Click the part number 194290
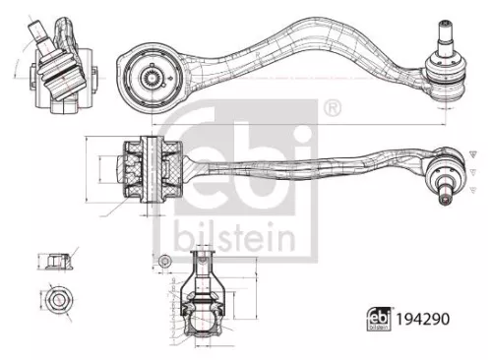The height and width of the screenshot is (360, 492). (x=423, y=319)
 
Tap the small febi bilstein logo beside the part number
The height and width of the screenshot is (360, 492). (x=379, y=319)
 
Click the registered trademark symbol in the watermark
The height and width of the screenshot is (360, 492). (x=333, y=108)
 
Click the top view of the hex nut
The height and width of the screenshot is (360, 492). (x=59, y=299)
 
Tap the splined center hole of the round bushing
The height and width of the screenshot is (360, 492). (x=153, y=78)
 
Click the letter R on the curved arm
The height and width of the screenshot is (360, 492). (x=258, y=55)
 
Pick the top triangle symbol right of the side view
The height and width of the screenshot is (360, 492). (x=472, y=154)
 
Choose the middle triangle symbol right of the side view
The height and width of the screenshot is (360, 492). (x=472, y=172)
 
